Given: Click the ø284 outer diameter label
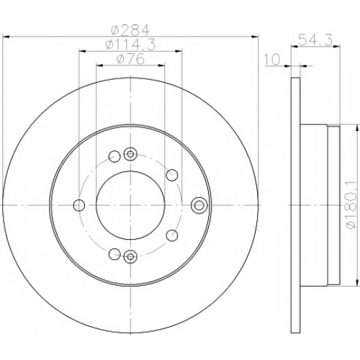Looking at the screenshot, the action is click(130, 30).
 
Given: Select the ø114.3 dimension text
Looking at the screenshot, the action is click(130, 45).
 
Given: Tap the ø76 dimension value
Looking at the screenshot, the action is click(130, 59).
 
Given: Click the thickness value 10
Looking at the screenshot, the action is click(272, 59).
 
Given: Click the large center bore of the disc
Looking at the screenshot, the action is click(130, 205).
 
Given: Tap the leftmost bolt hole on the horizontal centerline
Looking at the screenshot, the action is click(79, 205).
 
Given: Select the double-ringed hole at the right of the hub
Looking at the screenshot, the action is click(199, 205).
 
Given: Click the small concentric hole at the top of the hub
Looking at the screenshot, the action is click(130, 154).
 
